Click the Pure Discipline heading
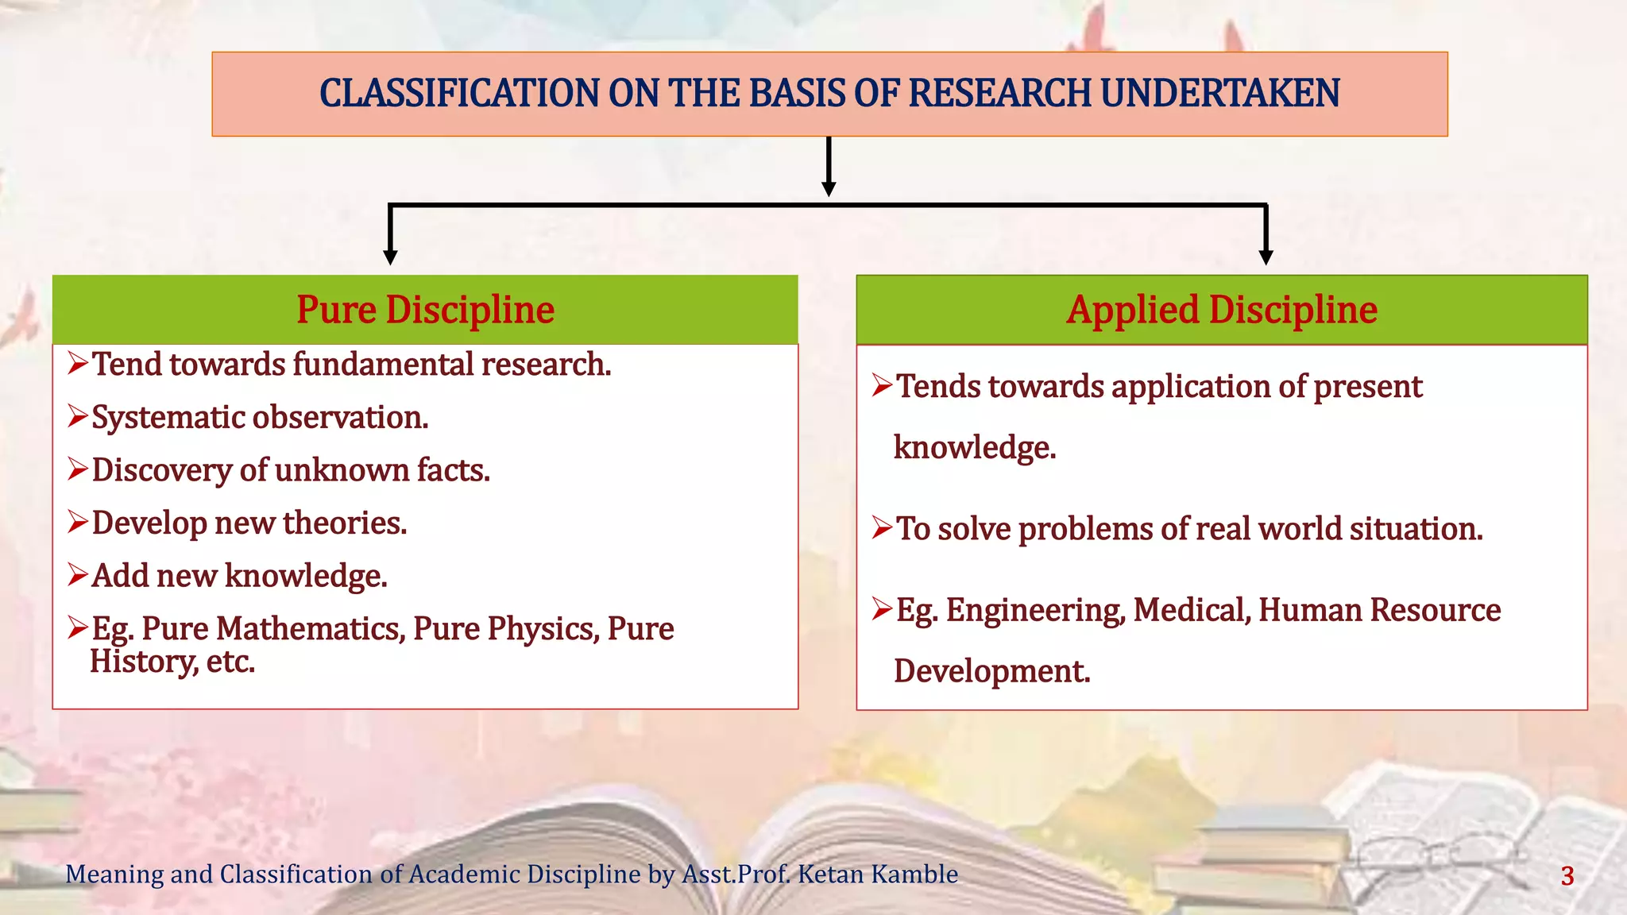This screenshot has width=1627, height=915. [425, 310]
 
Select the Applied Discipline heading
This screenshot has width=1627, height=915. [1221, 310]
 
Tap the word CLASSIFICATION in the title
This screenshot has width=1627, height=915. [458, 93]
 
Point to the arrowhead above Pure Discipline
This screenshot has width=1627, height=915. [390, 257]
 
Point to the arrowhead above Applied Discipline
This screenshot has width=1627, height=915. [1266, 257]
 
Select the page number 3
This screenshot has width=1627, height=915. [1567, 876]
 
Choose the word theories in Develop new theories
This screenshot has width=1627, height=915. [344, 523]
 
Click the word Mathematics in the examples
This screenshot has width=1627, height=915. [309, 628]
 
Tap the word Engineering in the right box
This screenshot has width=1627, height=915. [1034, 610]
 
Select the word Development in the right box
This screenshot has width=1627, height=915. [991, 671]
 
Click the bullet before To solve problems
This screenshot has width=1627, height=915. [882, 527]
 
